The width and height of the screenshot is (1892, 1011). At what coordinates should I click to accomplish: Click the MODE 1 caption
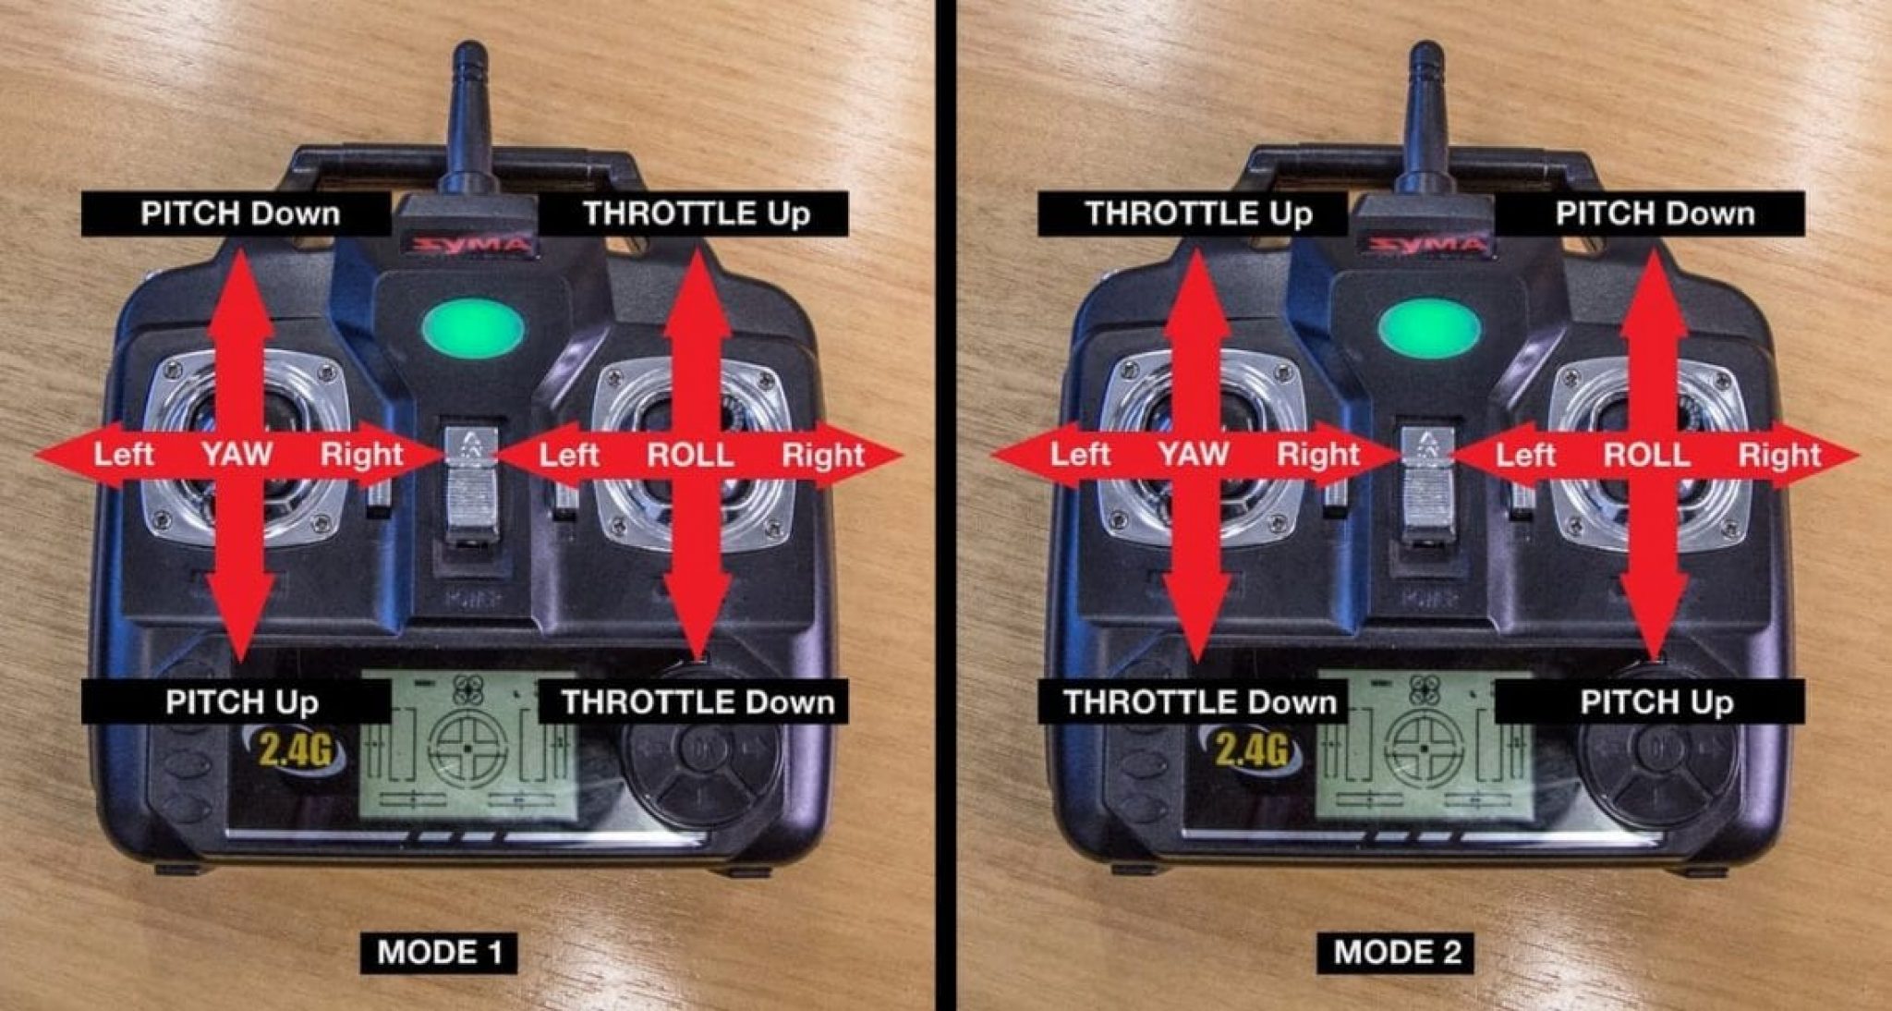tap(439, 952)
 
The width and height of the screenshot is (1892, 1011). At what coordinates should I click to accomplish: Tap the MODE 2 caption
tap(1396, 952)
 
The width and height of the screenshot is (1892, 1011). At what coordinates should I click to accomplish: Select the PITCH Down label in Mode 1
tap(239, 213)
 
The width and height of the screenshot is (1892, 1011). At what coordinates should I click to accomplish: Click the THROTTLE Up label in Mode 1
tap(695, 213)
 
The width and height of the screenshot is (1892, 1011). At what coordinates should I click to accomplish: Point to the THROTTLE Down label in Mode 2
tap(1199, 702)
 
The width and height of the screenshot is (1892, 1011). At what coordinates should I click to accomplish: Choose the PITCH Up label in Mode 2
tap(1655, 702)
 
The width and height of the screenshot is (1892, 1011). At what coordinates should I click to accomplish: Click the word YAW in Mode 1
tap(237, 454)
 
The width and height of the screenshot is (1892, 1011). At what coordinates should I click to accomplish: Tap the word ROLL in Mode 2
tap(1646, 455)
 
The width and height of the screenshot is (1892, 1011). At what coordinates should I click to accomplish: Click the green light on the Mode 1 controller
tap(473, 329)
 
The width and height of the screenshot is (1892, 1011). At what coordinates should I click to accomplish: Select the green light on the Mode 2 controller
tap(1429, 329)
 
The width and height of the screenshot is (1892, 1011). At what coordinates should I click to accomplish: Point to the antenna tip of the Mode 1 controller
tap(469, 51)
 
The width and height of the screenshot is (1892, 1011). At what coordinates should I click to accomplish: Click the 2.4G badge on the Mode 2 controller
tap(1252, 749)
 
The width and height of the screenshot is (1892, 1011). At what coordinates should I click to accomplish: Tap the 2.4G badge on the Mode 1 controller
tap(295, 749)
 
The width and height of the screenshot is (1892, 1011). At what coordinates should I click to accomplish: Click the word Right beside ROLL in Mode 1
tap(822, 455)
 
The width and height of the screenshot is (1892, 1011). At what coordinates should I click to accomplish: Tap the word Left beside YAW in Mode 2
tap(1080, 454)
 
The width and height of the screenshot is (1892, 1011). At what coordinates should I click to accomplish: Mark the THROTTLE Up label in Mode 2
tap(1198, 213)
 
